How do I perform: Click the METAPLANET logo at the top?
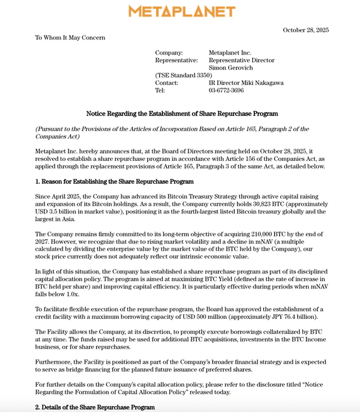(182, 11)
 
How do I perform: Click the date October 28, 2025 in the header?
(305, 30)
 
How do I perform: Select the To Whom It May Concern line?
(70, 38)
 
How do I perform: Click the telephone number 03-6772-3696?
(227, 91)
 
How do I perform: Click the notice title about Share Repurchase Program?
(182, 114)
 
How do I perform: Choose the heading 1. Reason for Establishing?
(114, 182)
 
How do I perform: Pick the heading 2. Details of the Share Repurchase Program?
(95, 407)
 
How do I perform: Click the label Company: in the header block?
(169, 53)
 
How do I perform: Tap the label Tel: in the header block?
(160, 91)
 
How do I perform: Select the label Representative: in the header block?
(176, 61)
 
